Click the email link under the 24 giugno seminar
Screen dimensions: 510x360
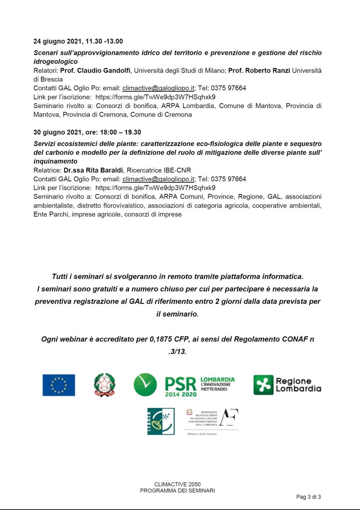159,88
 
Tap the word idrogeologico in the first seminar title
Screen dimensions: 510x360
56,62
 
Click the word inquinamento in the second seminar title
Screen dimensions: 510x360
55,161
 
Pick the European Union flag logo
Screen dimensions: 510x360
59,385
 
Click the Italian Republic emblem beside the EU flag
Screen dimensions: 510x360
105,385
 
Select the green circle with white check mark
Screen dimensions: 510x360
145,385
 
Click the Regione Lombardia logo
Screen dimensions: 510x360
287,385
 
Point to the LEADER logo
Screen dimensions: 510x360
161,421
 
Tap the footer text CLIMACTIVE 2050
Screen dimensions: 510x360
178,484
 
